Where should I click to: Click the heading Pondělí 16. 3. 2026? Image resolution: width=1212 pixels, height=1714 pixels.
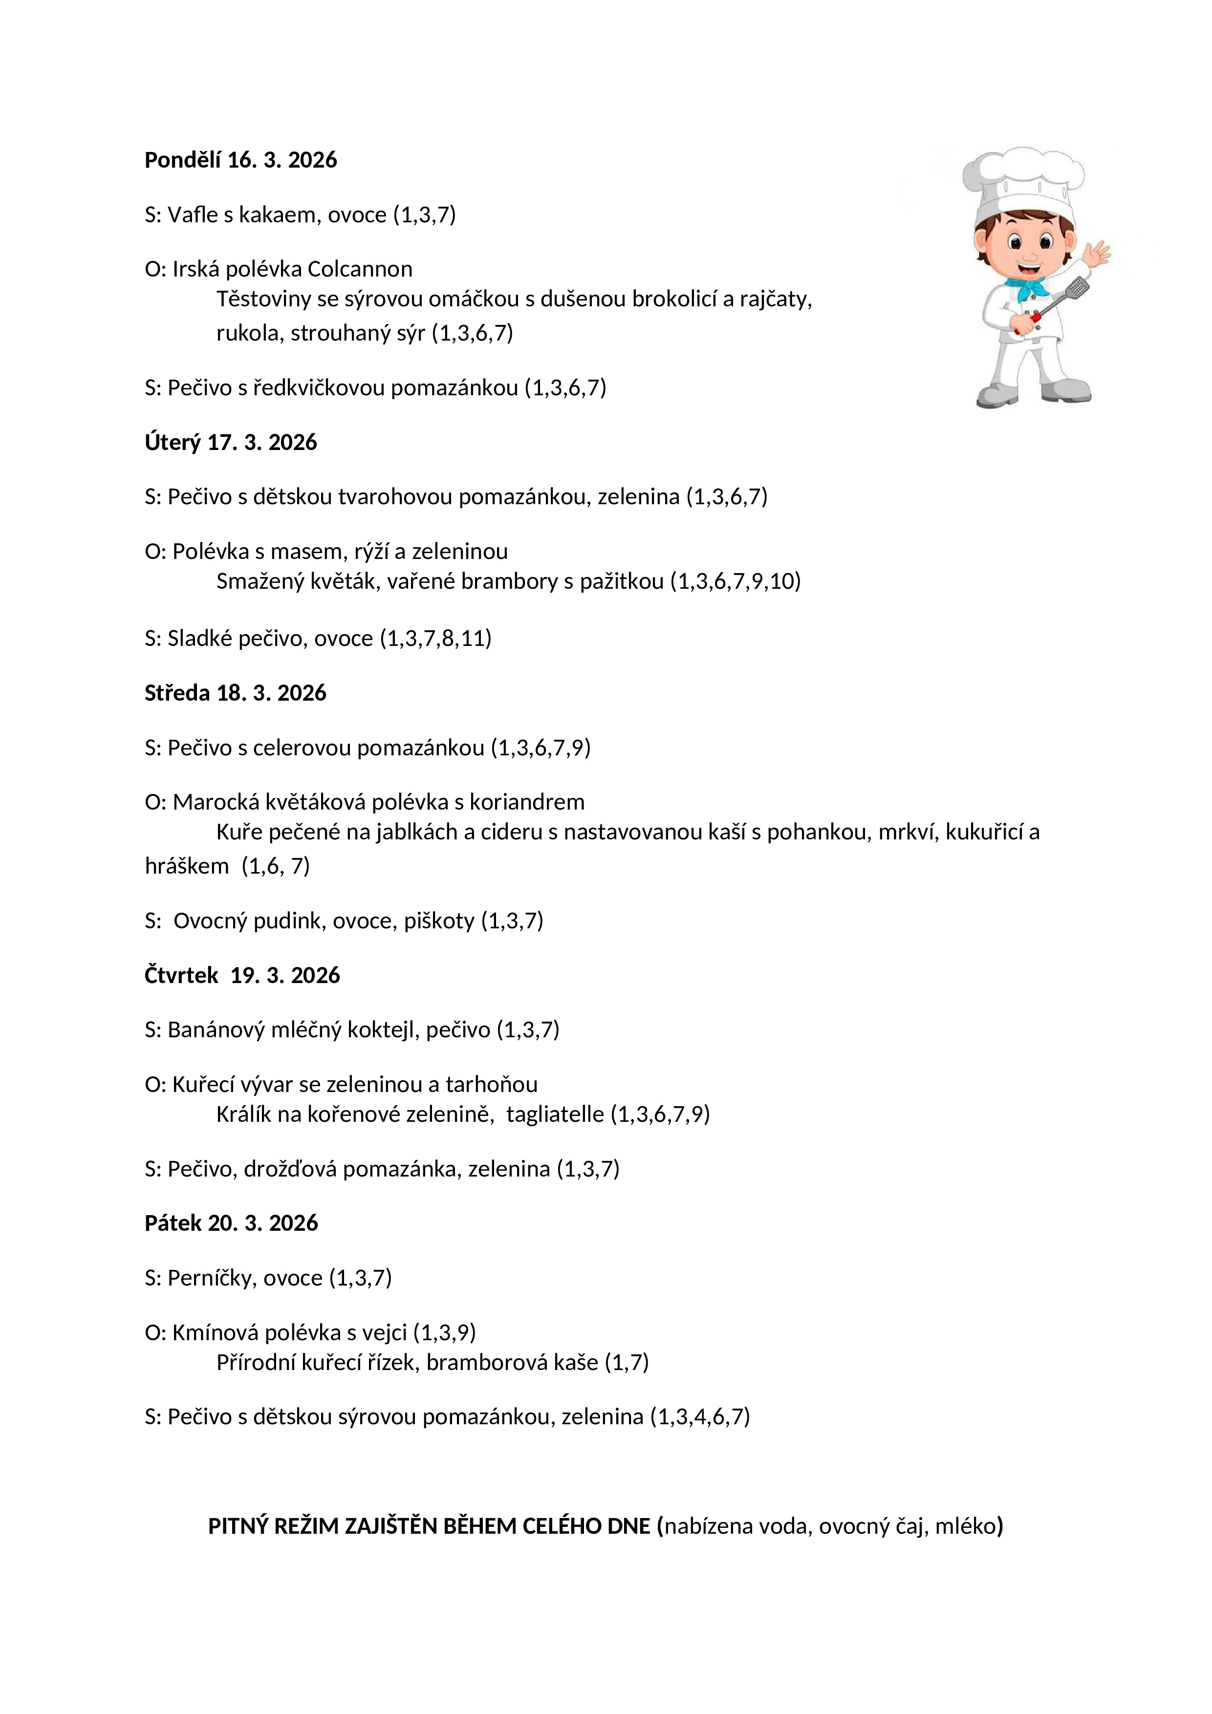pos(240,160)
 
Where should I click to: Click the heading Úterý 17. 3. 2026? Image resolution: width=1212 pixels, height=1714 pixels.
pos(231,443)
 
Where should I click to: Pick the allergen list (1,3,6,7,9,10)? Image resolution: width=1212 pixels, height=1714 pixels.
pos(735,581)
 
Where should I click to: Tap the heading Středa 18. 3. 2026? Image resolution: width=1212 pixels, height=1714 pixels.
pos(235,693)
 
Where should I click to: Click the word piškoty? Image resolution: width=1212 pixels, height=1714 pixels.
pos(439,921)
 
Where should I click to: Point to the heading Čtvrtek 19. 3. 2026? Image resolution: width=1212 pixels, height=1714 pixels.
pos(242,976)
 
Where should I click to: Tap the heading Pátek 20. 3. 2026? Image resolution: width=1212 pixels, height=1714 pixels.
pos(231,1223)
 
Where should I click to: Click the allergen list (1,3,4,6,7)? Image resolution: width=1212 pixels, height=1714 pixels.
pos(700,1417)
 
